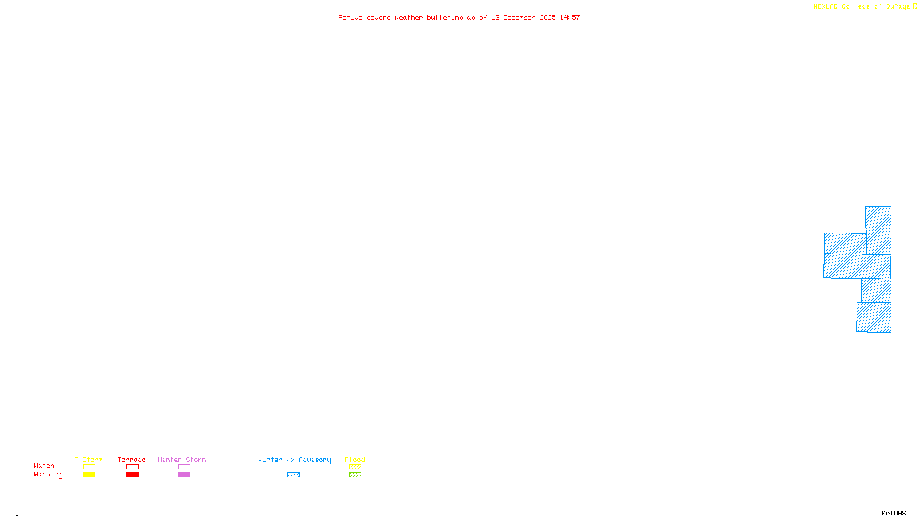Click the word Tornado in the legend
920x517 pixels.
tap(132, 460)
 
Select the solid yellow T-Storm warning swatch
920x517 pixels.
tap(89, 475)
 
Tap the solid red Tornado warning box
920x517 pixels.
tap(132, 475)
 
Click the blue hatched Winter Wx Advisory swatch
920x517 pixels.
tap(293, 475)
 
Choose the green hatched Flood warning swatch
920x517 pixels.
tap(355, 475)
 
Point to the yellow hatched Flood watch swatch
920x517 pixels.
tap(355, 467)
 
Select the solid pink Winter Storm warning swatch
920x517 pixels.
tap(184, 475)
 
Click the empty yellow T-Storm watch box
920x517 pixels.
tap(89, 467)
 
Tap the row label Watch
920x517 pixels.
tap(44, 466)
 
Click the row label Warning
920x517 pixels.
tap(48, 474)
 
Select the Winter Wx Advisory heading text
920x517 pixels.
tap(294, 460)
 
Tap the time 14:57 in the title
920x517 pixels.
tap(570, 17)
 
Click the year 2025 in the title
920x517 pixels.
tap(547, 17)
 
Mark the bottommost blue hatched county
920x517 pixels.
tap(874, 317)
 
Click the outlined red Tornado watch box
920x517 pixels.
tap(132, 467)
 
